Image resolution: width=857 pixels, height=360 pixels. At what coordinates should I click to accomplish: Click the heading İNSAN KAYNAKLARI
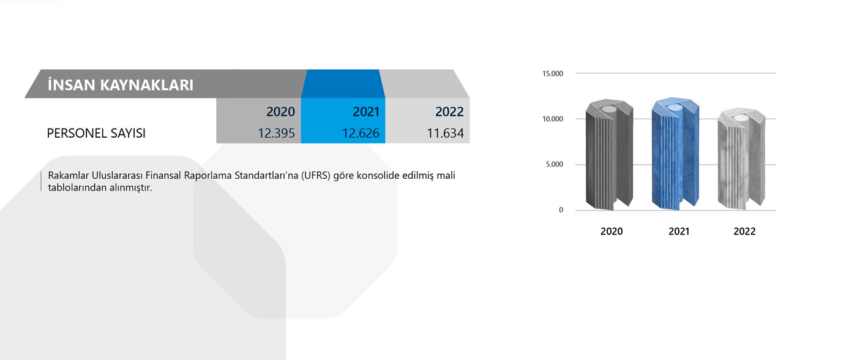click(x=121, y=85)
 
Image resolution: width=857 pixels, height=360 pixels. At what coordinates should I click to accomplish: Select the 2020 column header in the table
click(x=280, y=111)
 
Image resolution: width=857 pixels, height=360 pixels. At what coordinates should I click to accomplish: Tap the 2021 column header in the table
click(x=366, y=111)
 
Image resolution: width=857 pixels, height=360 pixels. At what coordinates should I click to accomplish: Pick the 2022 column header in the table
click(x=449, y=111)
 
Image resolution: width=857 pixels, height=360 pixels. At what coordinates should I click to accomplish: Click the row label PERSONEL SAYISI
click(x=96, y=133)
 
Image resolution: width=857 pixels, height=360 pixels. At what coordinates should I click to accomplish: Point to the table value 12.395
click(x=276, y=133)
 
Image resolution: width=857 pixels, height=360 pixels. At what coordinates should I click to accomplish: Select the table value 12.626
click(x=361, y=133)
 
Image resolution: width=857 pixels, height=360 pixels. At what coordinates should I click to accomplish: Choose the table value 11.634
click(x=446, y=133)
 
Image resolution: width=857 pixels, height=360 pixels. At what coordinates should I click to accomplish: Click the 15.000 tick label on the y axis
click(x=552, y=73)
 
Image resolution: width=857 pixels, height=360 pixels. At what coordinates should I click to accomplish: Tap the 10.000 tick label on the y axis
click(x=552, y=119)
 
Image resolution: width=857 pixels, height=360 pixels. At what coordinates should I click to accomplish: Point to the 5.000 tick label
click(x=555, y=165)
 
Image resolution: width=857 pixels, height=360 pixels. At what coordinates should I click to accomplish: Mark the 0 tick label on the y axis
click(x=561, y=210)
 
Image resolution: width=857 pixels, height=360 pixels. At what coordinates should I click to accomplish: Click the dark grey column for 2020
click(x=609, y=155)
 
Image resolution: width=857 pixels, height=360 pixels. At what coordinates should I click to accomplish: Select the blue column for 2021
click(x=675, y=154)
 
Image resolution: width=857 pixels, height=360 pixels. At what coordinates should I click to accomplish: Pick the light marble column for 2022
click(x=741, y=159)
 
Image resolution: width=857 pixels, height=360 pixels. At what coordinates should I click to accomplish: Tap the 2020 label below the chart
click(x=612, y=231)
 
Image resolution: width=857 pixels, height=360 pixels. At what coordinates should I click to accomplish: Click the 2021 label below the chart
click(x=679, y=231)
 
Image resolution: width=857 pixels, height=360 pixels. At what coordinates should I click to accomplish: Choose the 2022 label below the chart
click(x=744, y=231)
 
